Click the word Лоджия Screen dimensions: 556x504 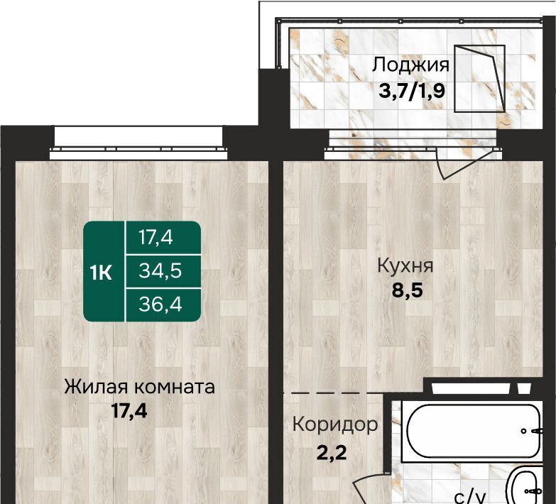(x=410, y=65)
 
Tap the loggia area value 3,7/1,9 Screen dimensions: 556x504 (x=412, y=91)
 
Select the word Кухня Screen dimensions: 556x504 (x=405, y=265)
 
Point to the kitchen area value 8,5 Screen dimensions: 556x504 (x=408, y=290)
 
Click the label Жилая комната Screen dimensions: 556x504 (x=139, y=387)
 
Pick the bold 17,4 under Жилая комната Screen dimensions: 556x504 (x=129, y=411)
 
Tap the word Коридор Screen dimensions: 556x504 (x=335, y=424)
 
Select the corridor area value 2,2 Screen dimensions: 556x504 (x=331, y=453)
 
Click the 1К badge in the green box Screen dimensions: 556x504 (x=101, y=273)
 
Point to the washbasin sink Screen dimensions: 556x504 (x=530, y=486)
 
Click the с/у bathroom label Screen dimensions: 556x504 (x=470, y=498)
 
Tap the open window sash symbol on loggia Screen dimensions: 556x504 (x=480, y=79)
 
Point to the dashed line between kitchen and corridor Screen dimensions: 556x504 (x=330, y=393)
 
